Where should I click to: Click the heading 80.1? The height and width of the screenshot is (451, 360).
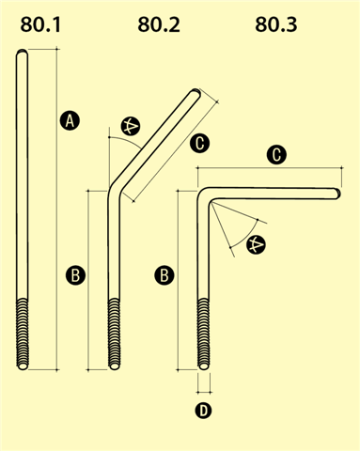tap(40, 24)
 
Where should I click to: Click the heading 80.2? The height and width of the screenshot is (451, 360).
tap(159, 24)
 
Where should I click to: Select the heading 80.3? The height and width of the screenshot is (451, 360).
tap(276, 24)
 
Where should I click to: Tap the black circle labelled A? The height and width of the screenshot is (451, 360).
tap(70, 120)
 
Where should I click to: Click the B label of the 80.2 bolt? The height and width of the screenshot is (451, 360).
tap(75, 275)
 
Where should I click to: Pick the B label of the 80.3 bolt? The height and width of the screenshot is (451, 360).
tap(164, 275)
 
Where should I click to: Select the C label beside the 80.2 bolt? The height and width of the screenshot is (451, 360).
tap(199, 144)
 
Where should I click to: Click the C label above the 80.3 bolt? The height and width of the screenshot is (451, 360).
tap(276, 155)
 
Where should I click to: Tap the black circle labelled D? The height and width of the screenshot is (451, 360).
tap(203, 411)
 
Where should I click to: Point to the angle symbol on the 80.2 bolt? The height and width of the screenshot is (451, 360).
tap(131, 127)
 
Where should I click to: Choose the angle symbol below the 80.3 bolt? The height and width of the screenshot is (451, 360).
tap(256, 244)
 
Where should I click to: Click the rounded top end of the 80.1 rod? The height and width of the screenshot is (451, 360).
tap(22, 53)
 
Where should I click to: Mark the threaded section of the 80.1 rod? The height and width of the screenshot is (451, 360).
tap(23, 334)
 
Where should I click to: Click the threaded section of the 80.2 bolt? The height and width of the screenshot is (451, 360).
tap(114, 334)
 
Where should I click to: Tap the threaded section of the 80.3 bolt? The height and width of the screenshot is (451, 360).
tap(204, 334)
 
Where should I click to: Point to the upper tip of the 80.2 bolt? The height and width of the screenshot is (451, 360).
tap(196, 92)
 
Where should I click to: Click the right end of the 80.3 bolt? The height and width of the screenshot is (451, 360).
tap(337, 194)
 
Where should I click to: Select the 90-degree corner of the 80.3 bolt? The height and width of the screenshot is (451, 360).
tap(204, 194)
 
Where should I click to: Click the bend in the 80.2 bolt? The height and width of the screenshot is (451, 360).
tap(115, 189)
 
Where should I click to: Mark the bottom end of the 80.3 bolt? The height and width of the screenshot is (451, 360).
tap(204, 365)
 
